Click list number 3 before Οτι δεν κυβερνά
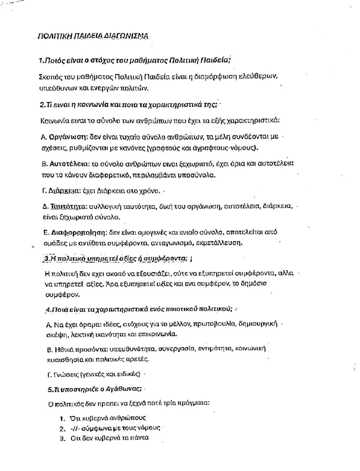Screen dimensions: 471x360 [62, 439]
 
